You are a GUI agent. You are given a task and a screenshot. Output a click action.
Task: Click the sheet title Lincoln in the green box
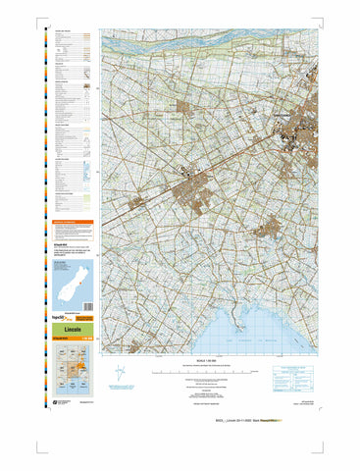(x=71, y=329)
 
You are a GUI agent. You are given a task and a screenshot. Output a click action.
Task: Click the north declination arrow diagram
(x=121, y=374)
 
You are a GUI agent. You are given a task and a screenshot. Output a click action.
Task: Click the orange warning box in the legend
(x=72, y=226)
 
